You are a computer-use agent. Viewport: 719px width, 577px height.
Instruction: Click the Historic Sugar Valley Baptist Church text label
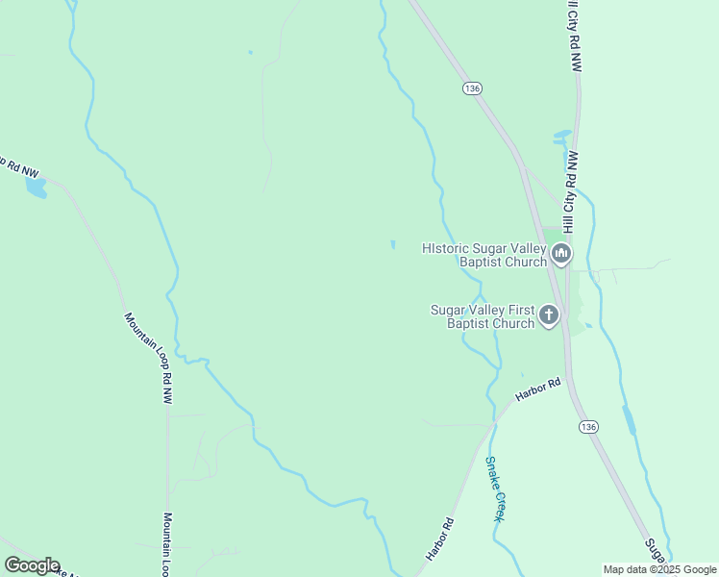click(x=483, y=255)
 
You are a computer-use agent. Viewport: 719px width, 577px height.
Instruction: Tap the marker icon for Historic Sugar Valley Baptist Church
click(x=561, y=254)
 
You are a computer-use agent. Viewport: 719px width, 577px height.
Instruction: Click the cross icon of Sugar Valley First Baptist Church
click(x=549, y=314)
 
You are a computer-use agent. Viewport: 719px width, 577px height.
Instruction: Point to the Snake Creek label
click(x=494, y=489)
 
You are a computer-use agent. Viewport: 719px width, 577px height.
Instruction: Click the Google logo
click(x=32, y=565)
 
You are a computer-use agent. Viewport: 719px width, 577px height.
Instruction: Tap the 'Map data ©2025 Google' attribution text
click(x=659, y=569)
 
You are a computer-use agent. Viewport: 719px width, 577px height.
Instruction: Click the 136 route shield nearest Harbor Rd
click(x=589, y=425)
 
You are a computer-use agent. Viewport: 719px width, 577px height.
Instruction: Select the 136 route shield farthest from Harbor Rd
click(x=471, y=88)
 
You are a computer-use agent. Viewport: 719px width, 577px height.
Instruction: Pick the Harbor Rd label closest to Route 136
click(x=537, y=389)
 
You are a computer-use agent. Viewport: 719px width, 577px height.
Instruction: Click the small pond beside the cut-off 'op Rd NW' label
click(x=36, y=187)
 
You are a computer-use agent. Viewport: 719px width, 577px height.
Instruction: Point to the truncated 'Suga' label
click(x=656, y=550)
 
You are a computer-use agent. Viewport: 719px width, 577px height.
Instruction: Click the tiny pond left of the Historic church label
click(x=392, y=244)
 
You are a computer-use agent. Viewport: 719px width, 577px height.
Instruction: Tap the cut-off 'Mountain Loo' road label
click(x=167, y=542)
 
